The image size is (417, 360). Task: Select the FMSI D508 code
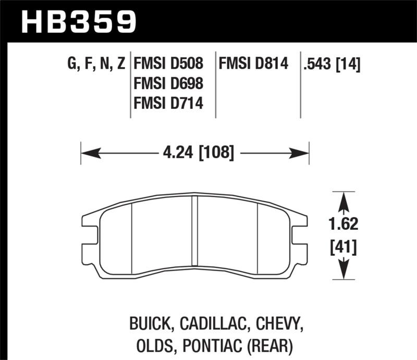(x=168, y=64)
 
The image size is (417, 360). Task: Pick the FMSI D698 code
(x=168, y=83)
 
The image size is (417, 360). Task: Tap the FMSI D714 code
(x=168, y=104)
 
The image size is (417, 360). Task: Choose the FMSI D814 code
(x=254, y=64)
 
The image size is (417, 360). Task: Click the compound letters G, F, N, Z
(x=96, y=65)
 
